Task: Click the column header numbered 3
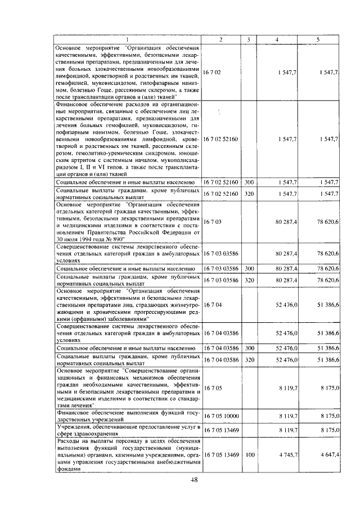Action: coord(248,38)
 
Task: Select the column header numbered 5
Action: coord(318,38)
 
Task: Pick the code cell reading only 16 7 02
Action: coord(213,73)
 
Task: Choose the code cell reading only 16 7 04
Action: coord(213,304)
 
